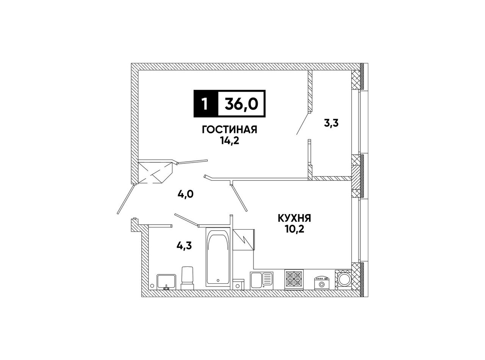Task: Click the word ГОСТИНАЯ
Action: click(x=229, y=130)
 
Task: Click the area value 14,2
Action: click(x=230, y=141)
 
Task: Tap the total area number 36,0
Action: click(x=241, y=104)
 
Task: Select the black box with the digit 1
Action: click(x=206, y=104)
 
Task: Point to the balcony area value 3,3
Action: click(x=331, y=124)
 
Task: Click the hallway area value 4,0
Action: click(x=186, y=194)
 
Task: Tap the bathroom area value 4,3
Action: click(x=184, y=246)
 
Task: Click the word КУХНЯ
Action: click(x=294, y=218)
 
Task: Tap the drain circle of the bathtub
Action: click(x=218, y=280)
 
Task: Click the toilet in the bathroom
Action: click(x=188, y=278)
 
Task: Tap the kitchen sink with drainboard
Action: click(x=261, y=280)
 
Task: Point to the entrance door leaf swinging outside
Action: click(x=125, y=199)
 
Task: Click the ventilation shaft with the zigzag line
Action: click(x=244, y=240)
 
